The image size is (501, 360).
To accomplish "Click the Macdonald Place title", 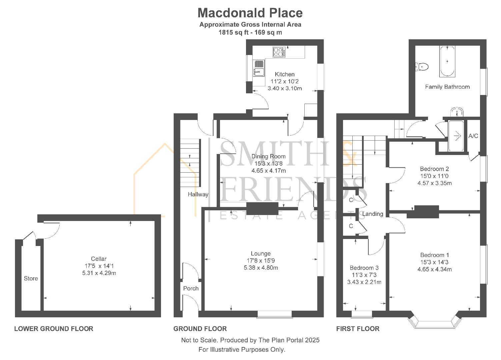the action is pyautogui.click(x=250, y=13).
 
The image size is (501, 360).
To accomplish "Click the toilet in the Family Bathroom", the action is pyautogui.click(x=422, y=67).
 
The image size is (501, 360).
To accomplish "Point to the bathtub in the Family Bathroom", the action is pyautogui.click(x=447, y=61).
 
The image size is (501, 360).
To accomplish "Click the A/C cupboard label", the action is pyautogui.click(x=473, y=136).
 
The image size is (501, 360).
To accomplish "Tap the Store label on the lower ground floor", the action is pyautogui.click(x=31, y=278).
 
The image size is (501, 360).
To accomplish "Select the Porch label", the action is pyautogui.click(x=191, y=288).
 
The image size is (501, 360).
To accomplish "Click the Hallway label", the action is pyautogui.click(x=198, y=194).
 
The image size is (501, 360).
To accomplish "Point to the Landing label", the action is pyautogui.click(x=373, y=214).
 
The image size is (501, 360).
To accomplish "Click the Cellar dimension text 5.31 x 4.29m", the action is pyautogui.click(x=99, y=273).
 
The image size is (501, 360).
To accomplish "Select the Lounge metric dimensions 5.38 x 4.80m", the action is pyautogui.click(x=261, y=268).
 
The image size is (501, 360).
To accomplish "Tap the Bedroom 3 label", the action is pyautogui.click(x=364, y=268).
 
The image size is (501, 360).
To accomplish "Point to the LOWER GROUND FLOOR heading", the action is pyautogui.click(x=54, y=329).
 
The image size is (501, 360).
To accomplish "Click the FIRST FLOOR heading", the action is pyautogui.click(x=358, y=329).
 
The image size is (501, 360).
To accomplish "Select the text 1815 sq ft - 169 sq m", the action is pyautogui.click(x=250, y=32).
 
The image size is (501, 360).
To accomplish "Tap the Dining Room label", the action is pyautogui.click(x=268, y=156).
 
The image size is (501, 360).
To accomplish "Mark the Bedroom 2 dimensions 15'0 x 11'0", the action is pyautogui.click(x=434, y=176).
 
